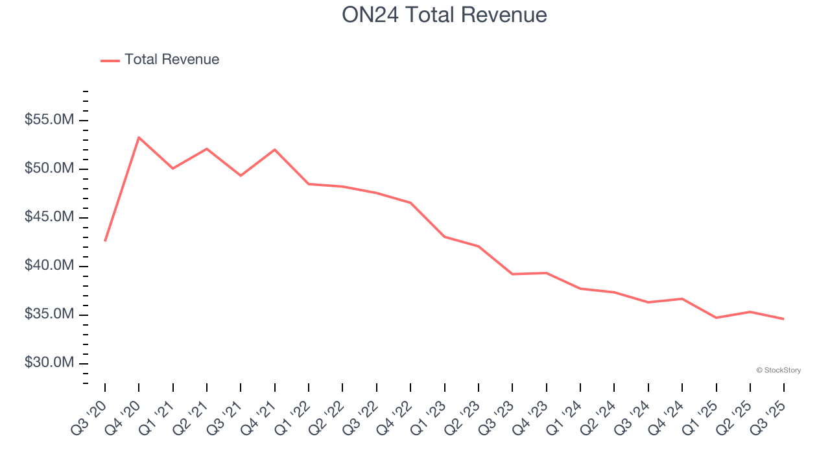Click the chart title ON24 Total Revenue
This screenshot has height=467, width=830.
pos(444,15)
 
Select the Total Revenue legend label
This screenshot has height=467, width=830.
pos(172,60)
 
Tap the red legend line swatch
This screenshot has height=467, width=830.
pos(110,60)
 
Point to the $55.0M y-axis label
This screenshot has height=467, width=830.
pos(49,121)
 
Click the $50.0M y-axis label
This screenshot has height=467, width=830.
pos(49,169)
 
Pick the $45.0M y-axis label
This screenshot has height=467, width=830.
pos(49,217)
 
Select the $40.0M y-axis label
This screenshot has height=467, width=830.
pos(49,266)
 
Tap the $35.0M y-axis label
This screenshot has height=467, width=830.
pos(49,315)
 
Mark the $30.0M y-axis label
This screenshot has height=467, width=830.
pos(49,363)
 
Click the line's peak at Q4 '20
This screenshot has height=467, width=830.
pos(139,138)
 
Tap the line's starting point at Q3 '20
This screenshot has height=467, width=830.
pos(105,241)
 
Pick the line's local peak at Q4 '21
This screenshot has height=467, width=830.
pos(275,150)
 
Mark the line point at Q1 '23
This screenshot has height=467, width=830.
pos(445,237)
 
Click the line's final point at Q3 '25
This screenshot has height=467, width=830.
pos(784,319)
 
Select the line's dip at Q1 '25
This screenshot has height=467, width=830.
pos(717,318)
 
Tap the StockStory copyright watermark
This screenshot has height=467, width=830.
pos(778,370)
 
